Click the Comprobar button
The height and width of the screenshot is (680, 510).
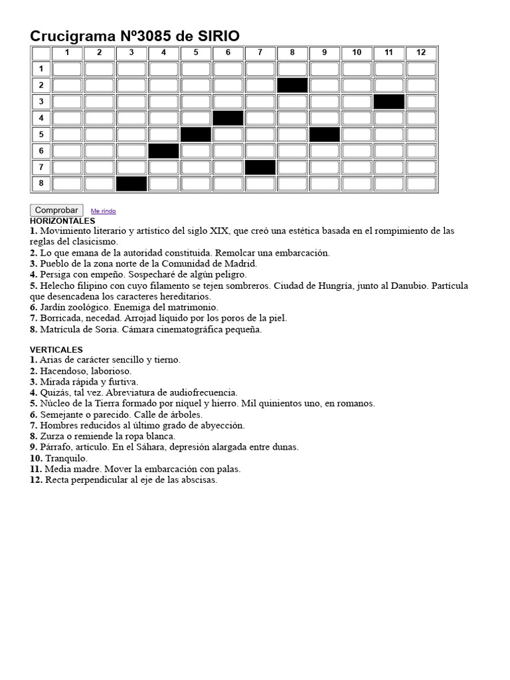coord(56,210)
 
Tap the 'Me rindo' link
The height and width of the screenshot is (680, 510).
coord(103,211)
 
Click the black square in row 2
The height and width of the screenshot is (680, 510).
coord(292,85)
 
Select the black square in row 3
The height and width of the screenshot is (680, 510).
coord(389,102)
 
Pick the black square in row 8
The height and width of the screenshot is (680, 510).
coord(131,183)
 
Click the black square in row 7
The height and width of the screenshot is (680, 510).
coord(260,167)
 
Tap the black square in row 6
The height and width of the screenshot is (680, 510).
coord(163,151)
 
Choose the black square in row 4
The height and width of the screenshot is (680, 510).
coord(228,118)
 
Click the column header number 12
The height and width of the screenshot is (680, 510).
coord(421,52)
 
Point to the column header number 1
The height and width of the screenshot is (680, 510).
coord(66,52)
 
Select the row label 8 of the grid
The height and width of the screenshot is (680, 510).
coord(41,183)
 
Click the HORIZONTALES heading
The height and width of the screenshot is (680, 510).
coord(62,220)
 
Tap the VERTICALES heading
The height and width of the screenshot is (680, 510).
coord(56,349)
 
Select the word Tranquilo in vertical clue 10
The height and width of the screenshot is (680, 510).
coord(66,458)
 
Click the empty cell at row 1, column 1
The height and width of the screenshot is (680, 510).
coord(66,69)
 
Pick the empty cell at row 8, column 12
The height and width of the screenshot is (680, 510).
coord(421,183)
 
